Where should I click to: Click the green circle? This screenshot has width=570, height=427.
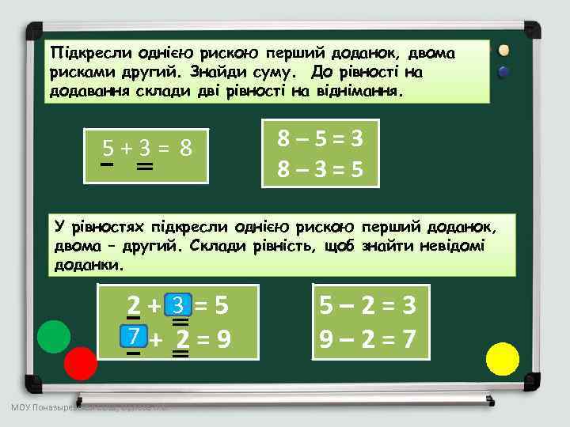(x=54, y=337)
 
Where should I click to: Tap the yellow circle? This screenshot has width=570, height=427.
(x=502, y=359)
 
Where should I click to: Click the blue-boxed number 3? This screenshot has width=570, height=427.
(x=180, y=304)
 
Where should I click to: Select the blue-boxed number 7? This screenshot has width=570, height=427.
(x=135, y=338)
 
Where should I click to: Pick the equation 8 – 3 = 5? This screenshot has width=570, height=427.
(x=320, y=170)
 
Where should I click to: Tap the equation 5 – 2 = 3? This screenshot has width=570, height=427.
(x=368, y=304)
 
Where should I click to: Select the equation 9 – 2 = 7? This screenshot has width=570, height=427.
(x=368, y=340)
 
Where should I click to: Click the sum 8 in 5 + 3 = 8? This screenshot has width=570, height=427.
(x=187, y=148)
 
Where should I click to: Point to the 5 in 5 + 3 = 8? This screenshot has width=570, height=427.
(x=108, y=148)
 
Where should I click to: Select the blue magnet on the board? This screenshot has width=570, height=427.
(x=503, y=71)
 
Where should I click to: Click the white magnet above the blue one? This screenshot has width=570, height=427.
(x=503, y=51)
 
